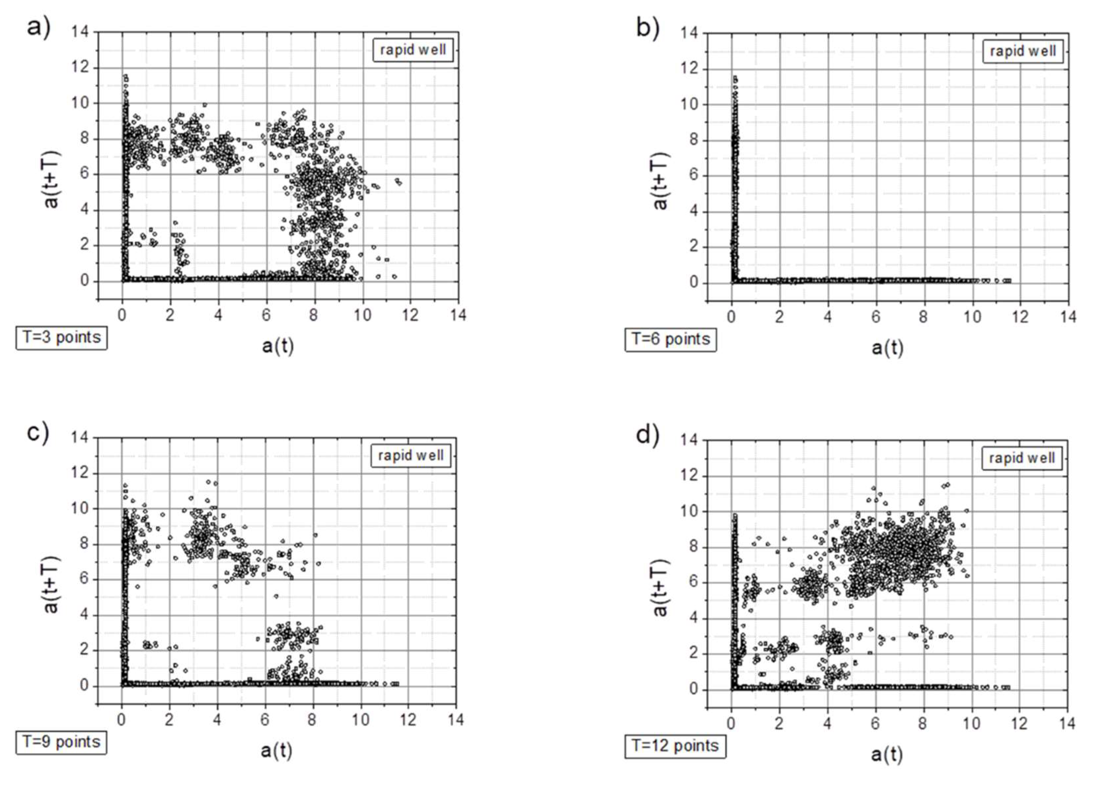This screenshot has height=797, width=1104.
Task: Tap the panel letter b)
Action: tap(648, 27)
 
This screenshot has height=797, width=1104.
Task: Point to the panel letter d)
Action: tap(648, 434)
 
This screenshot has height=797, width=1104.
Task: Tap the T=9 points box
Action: tap(61, 743)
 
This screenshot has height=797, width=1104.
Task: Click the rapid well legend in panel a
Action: tap(413, 50)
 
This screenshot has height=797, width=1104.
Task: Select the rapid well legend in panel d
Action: tap(1021, 458)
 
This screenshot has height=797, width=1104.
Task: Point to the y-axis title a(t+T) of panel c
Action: tap(51, 584)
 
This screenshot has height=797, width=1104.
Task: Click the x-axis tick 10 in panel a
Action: tap(362, 316)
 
